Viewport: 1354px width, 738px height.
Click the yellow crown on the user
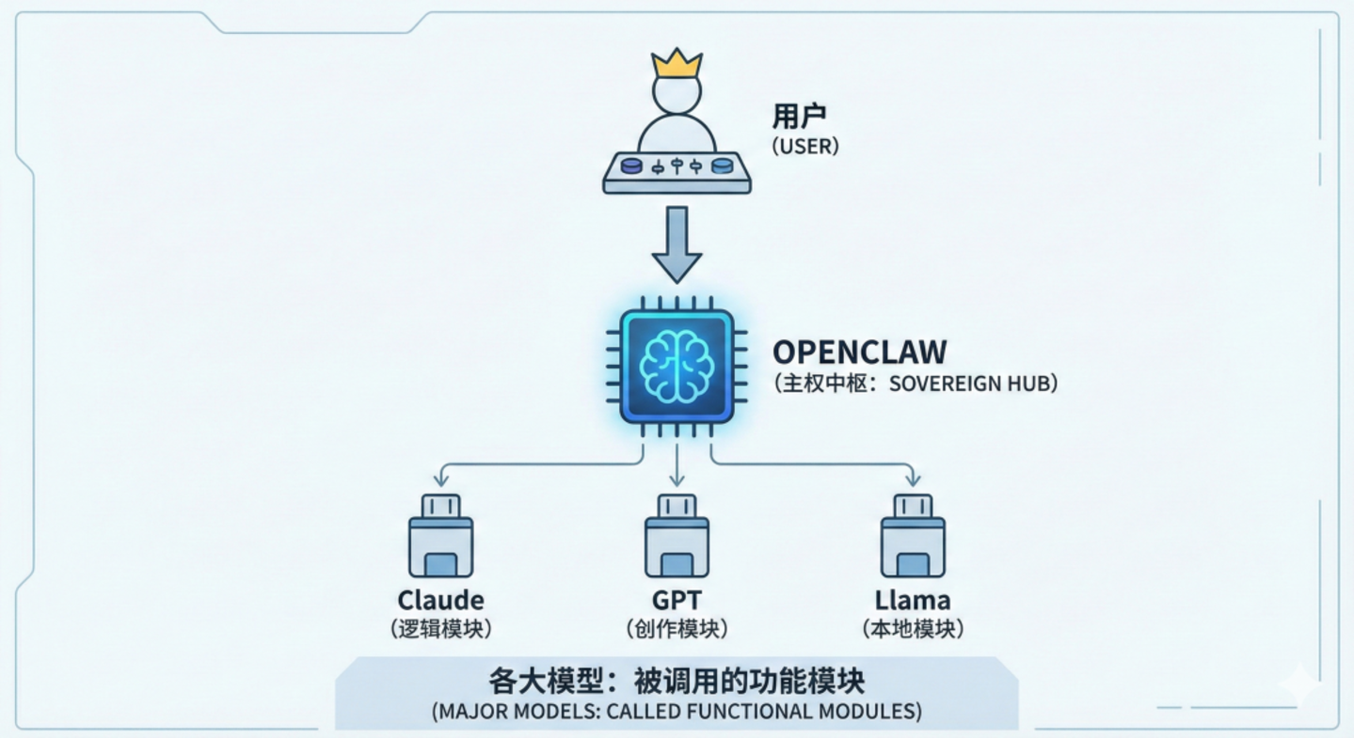[x=677, y=64]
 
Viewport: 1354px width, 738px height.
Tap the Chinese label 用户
[x=798, y=117]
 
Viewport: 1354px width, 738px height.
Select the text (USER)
[x=804, y=147]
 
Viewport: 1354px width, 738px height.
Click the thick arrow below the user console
[x=677, y=244]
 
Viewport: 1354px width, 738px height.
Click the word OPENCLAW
[x=859, y=353]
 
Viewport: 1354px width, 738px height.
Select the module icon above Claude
[x=440, y=537]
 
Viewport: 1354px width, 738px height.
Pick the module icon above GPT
[x=677, y=537]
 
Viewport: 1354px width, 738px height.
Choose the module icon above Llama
[x=913, y=537]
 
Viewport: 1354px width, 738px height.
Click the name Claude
[x=440, y=600]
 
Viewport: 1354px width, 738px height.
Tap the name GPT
[x=677, y=600]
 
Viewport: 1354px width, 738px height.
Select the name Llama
[x=913, y=600]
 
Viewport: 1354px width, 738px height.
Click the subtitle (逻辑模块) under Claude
[x=440, y=629]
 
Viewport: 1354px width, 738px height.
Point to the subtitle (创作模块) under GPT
[x=677, y=629]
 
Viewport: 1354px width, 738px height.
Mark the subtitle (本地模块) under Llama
[x=913, y=629]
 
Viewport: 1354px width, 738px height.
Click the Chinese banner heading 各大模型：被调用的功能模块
[x=677, y=680]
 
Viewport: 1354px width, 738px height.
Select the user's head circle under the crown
[x=677, y=94]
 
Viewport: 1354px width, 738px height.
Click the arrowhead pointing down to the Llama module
[x=913, y=480]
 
